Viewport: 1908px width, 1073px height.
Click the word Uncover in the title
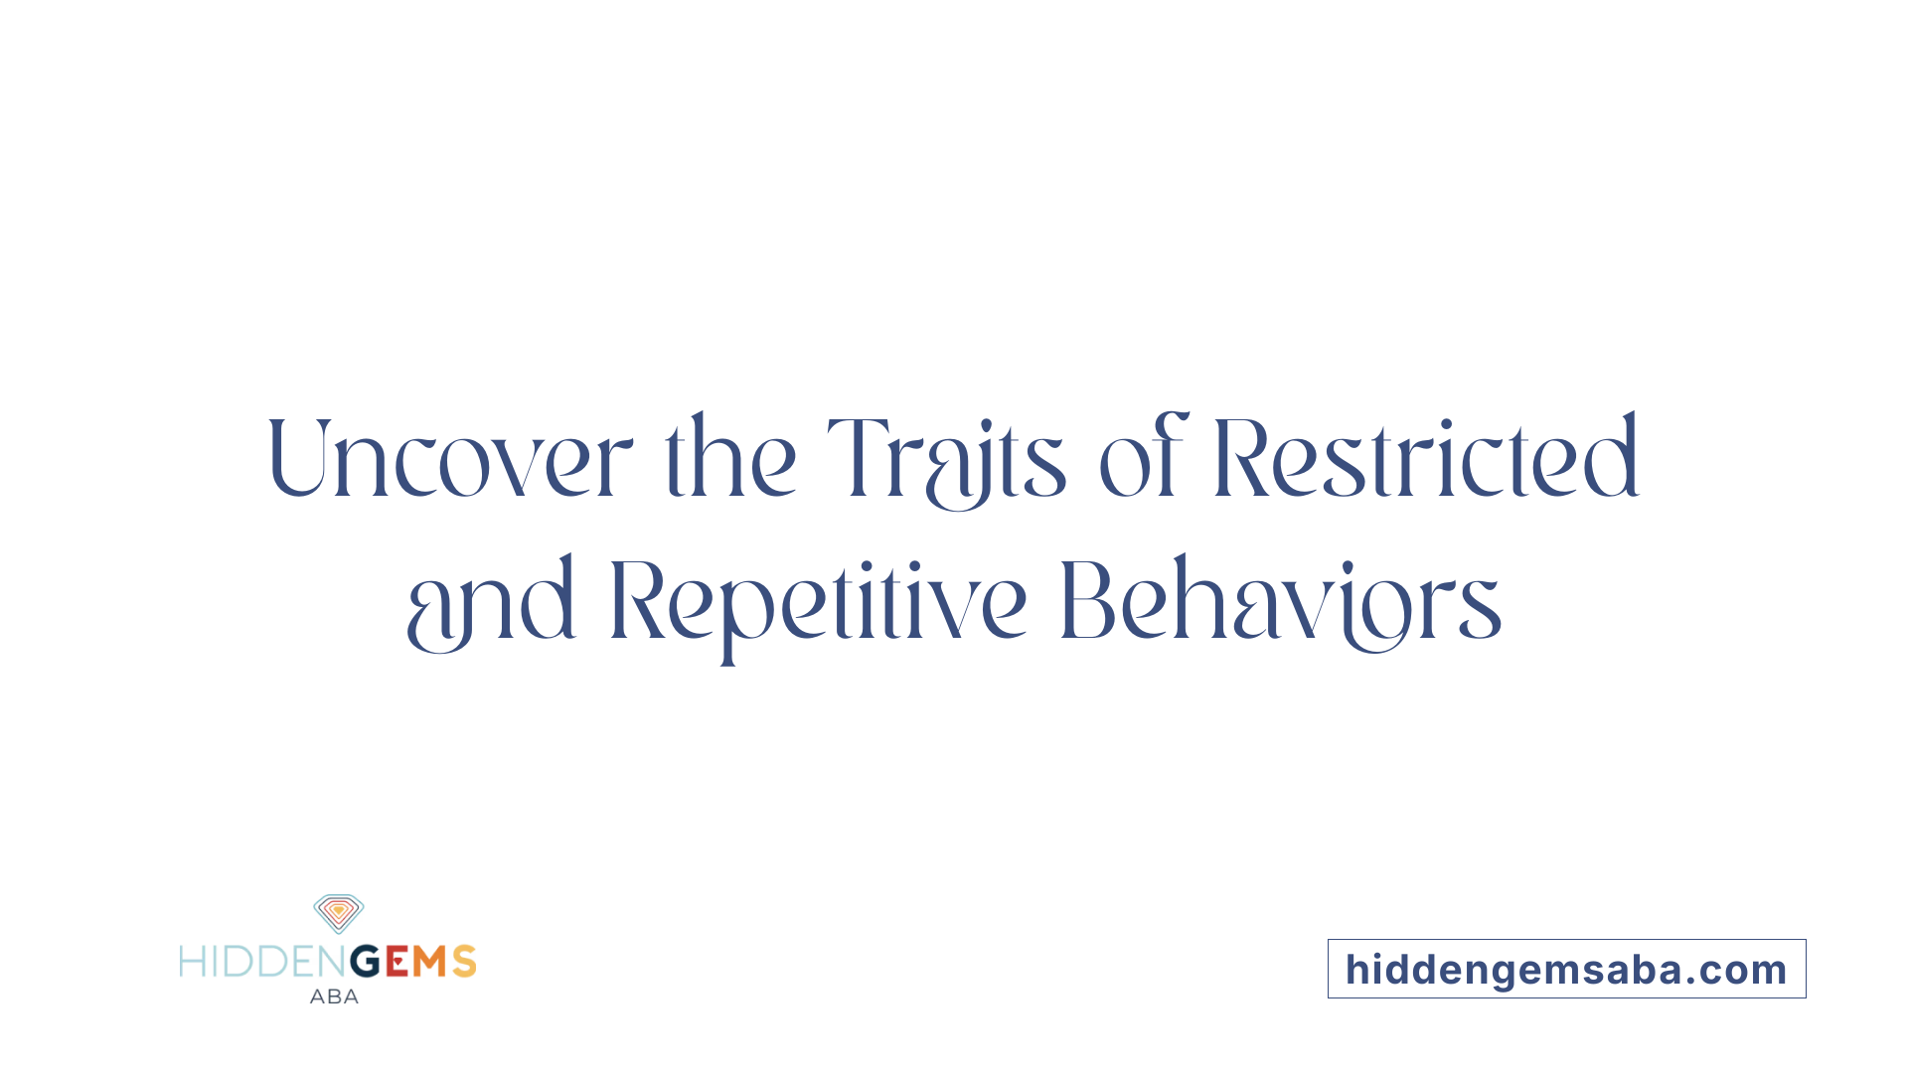pos(449,459)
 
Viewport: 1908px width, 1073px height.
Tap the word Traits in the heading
pos(946,459)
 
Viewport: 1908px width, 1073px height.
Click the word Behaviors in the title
pos(1280,601)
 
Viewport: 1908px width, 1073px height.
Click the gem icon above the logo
pos(339,913)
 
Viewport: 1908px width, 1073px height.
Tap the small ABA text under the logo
pos(334,996)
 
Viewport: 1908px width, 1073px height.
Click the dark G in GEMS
pos(367,962)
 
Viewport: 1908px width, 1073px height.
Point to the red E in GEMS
pos(397,962)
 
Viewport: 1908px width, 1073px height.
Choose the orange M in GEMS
pos(430,962)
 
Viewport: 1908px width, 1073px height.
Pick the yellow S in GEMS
pos(464,962)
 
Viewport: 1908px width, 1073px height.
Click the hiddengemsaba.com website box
pos(1566,969)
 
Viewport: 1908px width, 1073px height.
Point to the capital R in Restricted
pos(1240,457)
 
